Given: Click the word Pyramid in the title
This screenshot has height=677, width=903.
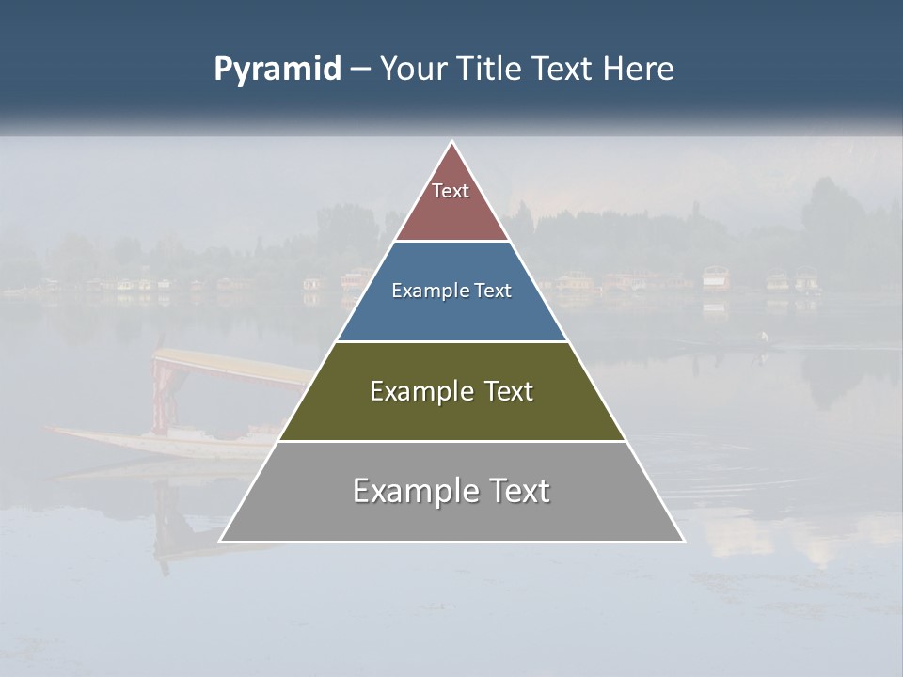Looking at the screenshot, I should (x=277, y=70).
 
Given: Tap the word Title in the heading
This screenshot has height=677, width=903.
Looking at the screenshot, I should (x=491, y=70).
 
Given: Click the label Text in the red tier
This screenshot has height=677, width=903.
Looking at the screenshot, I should (x=451, y=191).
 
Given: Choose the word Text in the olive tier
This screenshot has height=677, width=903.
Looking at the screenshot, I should (x=509, y=391).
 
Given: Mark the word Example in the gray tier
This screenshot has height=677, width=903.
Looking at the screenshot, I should (x=411, y=491).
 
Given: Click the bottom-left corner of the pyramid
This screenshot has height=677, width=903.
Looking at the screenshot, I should (x=221, y=541).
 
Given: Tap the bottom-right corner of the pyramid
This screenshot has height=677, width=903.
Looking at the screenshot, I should (x=683, y=541).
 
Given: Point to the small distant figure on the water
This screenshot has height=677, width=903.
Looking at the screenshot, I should (x=764, y=338).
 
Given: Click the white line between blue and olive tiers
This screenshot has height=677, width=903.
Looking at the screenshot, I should (x=451, y=341).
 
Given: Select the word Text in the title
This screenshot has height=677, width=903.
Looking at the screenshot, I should (x=562, y=70).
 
